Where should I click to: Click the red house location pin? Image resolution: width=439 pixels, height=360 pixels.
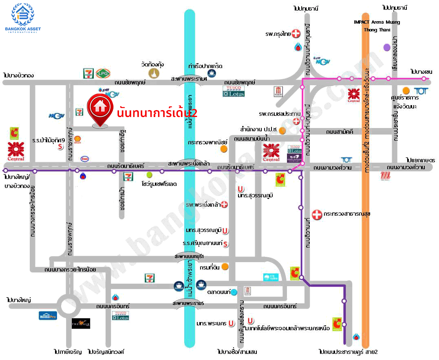point(99,109)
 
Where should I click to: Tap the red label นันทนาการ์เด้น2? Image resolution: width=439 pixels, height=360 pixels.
point(157,113)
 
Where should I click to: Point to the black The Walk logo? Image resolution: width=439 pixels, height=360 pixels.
point(81,323)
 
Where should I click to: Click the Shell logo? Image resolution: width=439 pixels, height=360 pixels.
point(77,139)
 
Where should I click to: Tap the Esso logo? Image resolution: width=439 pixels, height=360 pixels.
point(85,159)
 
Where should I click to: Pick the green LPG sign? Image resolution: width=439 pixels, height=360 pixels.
point(101,73)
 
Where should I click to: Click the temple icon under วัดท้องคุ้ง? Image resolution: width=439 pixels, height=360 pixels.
point(154,73)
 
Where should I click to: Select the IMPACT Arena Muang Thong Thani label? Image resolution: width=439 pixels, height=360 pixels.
point(376,26)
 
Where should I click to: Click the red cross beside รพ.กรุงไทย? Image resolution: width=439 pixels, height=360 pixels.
point(296,34)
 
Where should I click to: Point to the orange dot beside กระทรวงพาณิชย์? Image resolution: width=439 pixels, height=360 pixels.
point(223,149)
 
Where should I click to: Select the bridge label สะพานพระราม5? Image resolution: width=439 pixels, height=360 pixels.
point(188,303)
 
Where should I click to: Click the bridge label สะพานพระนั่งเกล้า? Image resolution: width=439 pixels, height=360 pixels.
point(191,163)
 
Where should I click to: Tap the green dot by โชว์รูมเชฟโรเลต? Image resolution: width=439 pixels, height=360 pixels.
point(149,175)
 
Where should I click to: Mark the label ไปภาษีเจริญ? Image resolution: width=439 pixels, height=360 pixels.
point(67,351)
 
